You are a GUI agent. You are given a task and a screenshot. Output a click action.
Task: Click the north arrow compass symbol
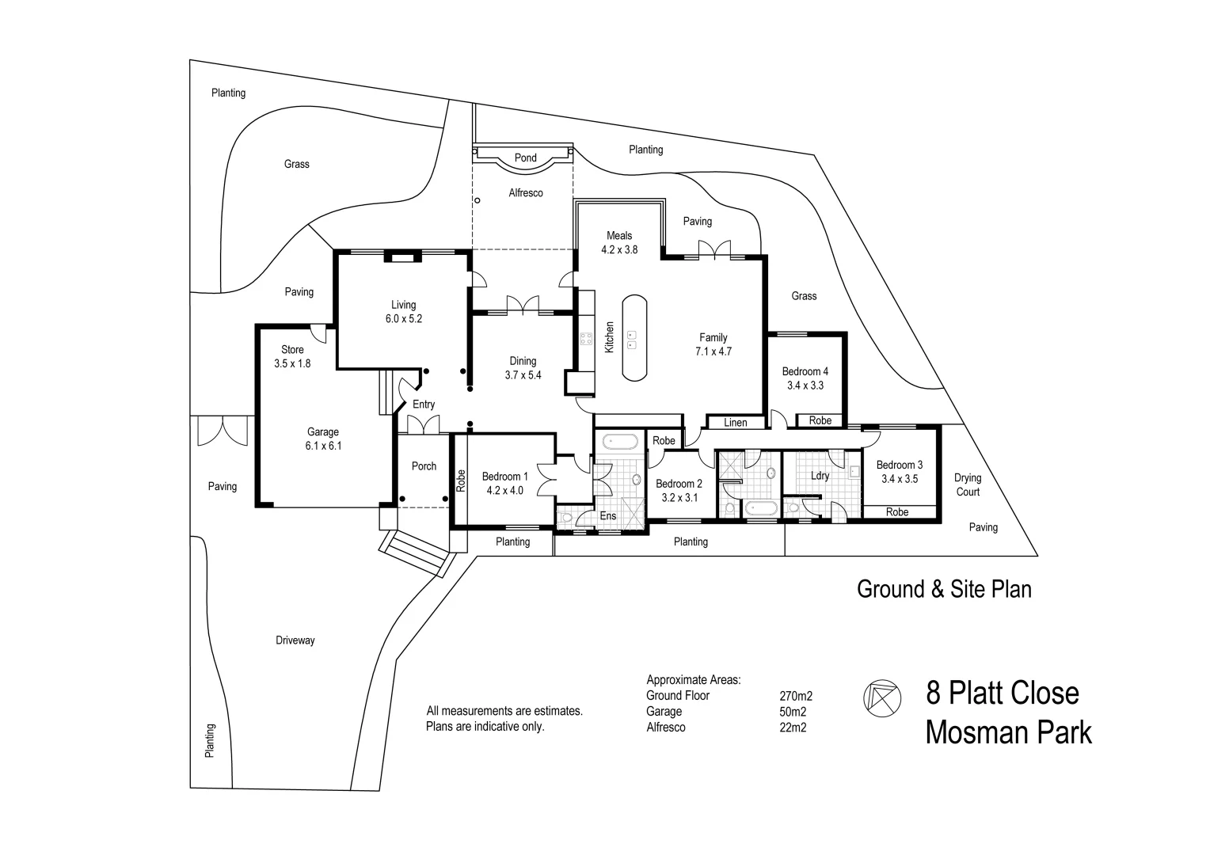(881, 696)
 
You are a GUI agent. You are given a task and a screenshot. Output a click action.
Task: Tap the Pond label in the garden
(525, 158)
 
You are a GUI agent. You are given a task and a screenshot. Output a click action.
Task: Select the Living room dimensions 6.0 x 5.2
(403, 319)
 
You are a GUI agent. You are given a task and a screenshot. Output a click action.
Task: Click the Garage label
(323, 431)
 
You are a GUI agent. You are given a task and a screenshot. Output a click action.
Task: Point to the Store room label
(292, 349)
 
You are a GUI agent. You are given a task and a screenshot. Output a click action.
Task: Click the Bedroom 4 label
(805, 371)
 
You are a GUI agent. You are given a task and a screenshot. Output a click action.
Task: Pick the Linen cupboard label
(735, 423)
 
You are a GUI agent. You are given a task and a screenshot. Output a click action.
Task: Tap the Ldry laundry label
(820, 476)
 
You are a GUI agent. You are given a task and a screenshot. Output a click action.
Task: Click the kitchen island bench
(634, 338)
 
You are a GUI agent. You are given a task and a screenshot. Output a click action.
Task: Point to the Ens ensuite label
(607, 516)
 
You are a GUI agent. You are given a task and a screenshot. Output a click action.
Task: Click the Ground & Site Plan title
(944, 589)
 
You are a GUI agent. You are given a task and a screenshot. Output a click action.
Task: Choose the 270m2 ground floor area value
(796, 697)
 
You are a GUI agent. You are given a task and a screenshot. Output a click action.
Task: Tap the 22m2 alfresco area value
(793, 728)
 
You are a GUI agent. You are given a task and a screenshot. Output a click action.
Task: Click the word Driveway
(295, 640)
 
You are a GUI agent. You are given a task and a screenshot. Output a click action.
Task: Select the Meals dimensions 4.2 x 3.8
(619, 249)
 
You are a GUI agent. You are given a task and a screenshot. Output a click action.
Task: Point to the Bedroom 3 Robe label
(896, 512)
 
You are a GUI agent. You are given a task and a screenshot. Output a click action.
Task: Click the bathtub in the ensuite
(620, 441)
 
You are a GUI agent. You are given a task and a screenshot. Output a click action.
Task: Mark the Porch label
(424, 466)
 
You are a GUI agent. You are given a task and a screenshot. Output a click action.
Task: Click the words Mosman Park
(1008, 732)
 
